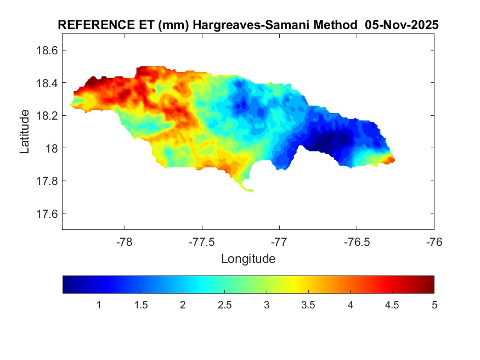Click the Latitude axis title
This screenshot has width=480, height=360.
click(25, 131)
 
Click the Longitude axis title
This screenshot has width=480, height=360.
click(248, 258)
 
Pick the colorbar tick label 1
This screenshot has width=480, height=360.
click(99, 305)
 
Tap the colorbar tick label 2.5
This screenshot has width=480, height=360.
click(224, 305)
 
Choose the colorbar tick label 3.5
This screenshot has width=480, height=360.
click(308, 305)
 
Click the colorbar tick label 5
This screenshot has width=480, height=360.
click(434, 305)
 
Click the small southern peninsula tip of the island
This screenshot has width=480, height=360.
click(251, 190)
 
